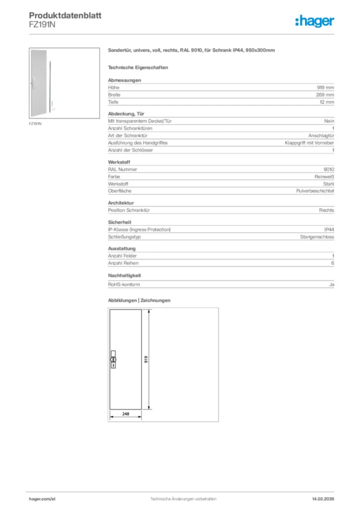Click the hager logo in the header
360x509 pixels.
pyautogui.click(x=314, y=21)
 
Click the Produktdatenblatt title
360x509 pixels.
pyautogui.click(x=65, y=15)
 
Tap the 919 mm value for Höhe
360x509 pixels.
pyautogui.click(x=326, y=87)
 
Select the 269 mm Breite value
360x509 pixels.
pyautogui.click(x=325, y=94)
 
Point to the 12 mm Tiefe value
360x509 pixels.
pyautogui.click(x=327, y=102)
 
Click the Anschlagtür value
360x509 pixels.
pyautogui.click(x=321, y=135)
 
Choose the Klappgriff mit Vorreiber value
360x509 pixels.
pyautogui.click(x=309, y=143)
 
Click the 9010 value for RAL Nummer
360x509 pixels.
pyautogui.click(x=329, y=169)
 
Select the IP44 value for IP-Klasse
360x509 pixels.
pyautogui.click(x=329, y=229)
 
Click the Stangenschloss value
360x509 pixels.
pyautogui.click(x=317, y=237)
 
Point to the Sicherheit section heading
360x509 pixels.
pyautogui.click(x=119, y=222)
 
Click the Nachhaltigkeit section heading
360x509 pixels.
pyautogui.click(x=125, y=275)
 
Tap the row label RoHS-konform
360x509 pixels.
pyautogui.click(x=124, y=284)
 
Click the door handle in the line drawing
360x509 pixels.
pyautogui.click(x=113, y=360)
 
